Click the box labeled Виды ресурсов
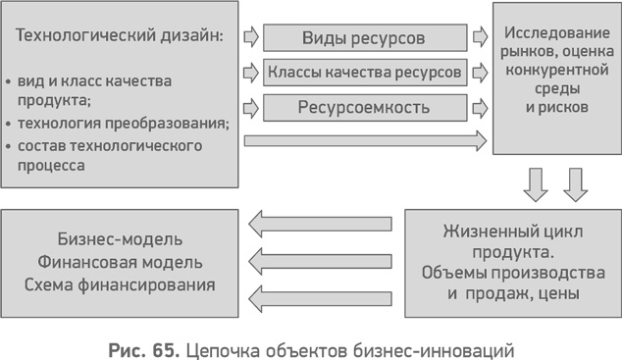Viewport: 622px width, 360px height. [x=365, y=39]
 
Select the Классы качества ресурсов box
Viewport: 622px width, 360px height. [x=365, y=72]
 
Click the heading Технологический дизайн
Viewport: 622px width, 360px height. [x=120, y=36]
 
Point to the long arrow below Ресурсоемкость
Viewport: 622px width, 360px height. [x=365, y=139]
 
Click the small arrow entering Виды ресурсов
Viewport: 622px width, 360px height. [x=250, y=39]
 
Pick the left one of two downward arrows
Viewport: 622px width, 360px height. [x=536, y=182]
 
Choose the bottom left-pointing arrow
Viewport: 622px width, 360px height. [x=320, y=295]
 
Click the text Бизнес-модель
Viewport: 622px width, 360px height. [x=121, y=240]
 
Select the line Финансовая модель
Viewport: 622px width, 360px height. [x=121, y=263]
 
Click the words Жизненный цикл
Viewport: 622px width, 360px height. [x=514, y=232]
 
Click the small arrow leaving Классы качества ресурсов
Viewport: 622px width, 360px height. [x=480, y=72]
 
